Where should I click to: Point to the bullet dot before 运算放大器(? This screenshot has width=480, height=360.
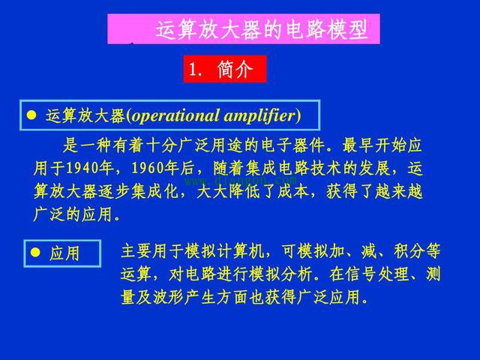pos(31,115)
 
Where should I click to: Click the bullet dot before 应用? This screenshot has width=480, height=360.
pos(34,253)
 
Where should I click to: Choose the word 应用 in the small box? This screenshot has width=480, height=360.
pos(65,253)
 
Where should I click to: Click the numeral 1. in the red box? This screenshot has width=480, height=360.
pos(196,70)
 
